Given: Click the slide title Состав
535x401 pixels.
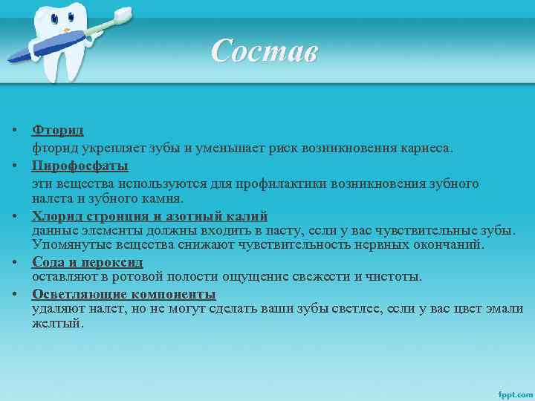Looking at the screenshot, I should coord(264,52).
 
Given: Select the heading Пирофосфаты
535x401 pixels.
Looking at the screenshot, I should coord(80,165).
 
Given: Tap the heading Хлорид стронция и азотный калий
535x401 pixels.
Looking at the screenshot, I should coord(149,217).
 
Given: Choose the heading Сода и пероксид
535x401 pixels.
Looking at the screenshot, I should coord(87,262).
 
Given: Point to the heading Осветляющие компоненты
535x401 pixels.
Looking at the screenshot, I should coord(123,294).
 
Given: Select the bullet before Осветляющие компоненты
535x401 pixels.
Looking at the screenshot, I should coord(15,294).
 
